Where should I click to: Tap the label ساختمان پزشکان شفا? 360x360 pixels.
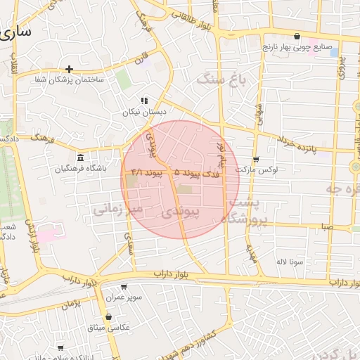[x=69, y=79]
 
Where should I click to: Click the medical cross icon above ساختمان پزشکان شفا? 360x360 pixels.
[x=69, y=69]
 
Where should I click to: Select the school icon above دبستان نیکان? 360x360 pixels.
[x=144, y=101]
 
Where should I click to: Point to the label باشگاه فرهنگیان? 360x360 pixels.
[x=83, y=169]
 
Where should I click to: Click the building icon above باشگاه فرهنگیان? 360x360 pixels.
[x=81, y=157]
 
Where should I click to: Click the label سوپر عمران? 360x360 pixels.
[x=125, y=298]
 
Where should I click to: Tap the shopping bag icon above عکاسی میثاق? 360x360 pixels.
[x=108, y=317]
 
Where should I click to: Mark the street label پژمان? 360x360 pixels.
[x=82, y=304]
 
